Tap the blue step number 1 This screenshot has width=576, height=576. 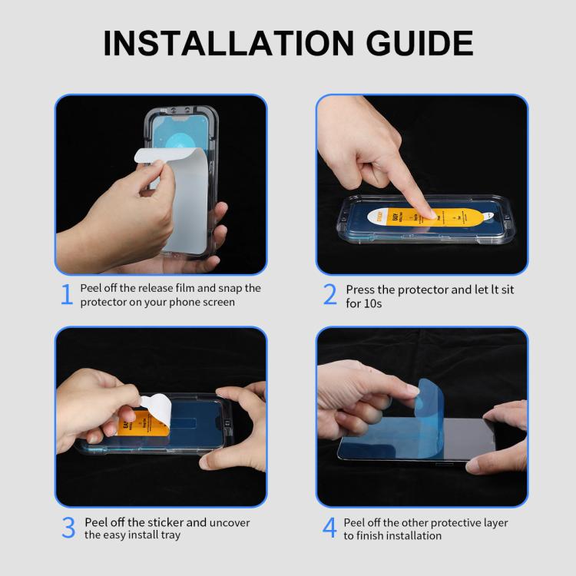[67, 294]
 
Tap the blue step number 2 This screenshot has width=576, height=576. [330, 294]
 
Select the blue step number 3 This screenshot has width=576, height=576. [68, 528]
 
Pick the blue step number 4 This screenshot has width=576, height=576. [329, 528]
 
